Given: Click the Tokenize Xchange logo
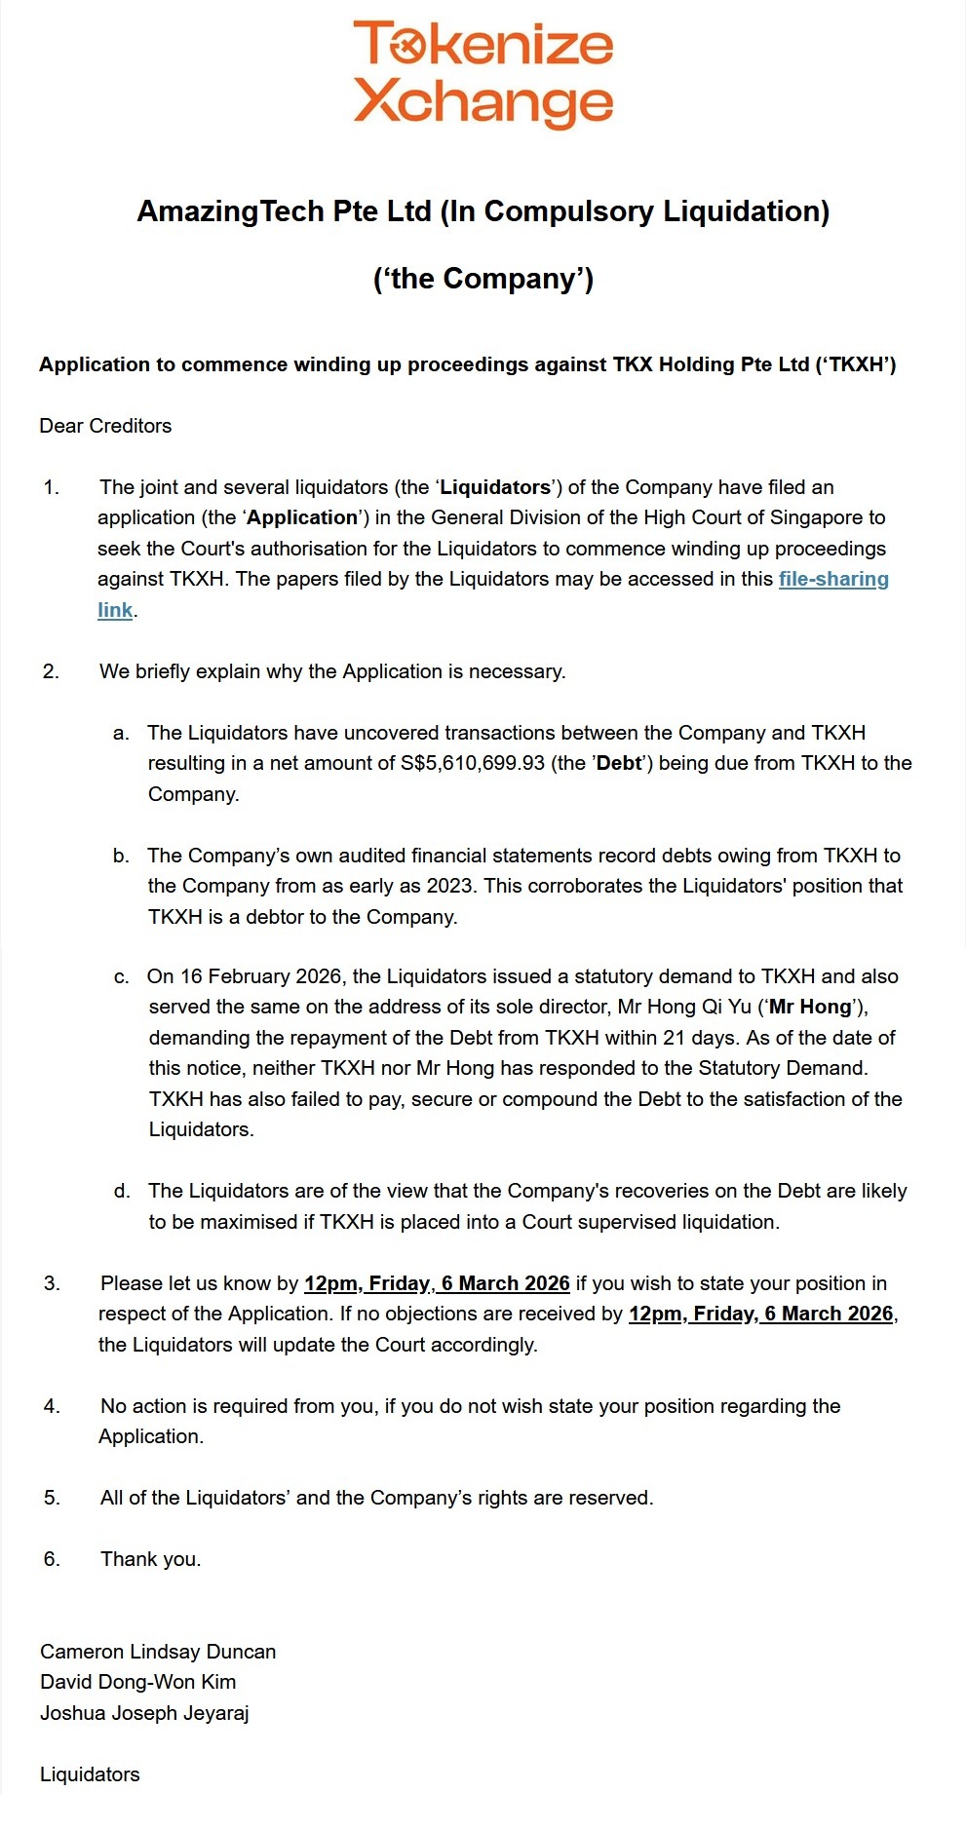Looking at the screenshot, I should click(x=483, y=73).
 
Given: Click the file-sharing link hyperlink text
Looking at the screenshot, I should click(x=832, y=579).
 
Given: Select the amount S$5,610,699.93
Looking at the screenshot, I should click(x=472, y=763).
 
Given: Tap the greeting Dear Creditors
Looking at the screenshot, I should click(x=105, y=426).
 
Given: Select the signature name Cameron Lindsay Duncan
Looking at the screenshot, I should click(x=158, y=1652).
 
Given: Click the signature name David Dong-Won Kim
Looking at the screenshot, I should click(x=137, y=1682).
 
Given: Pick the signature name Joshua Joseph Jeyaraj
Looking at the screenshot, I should click(x=144, y=1713).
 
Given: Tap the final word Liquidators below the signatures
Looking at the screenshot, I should click(x=90, y=1774).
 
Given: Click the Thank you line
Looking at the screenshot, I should click(x=150, y=1559).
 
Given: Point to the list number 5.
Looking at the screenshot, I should click(x=51, y=1498).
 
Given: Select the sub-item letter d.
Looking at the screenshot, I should click(x=121, y=1191).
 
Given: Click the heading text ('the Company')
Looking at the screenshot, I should click(x=483, y=279).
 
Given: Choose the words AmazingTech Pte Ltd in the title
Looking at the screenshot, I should click(x=284, y=211).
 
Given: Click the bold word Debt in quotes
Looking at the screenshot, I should click(x=618, y=763).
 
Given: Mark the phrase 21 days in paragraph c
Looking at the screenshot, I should click(x=700, y=1038).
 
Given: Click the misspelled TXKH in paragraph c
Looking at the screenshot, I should click(x=175, y=1099).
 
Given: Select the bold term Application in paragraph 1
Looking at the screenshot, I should click(x=302, y=517).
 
